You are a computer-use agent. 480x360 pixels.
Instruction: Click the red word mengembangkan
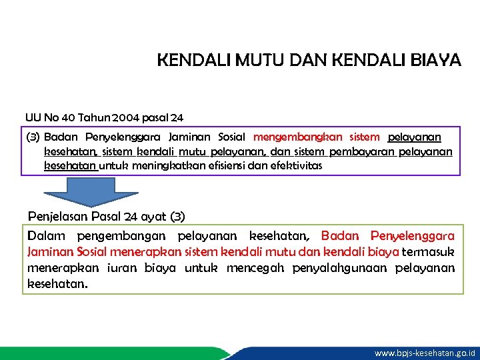[x=297, y=137]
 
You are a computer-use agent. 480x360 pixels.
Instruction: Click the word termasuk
[x=429, y=251]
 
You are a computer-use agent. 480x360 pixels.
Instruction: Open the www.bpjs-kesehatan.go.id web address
[x=425, y=351]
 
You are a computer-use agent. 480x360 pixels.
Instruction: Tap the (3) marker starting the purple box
[x=33, y=137]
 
